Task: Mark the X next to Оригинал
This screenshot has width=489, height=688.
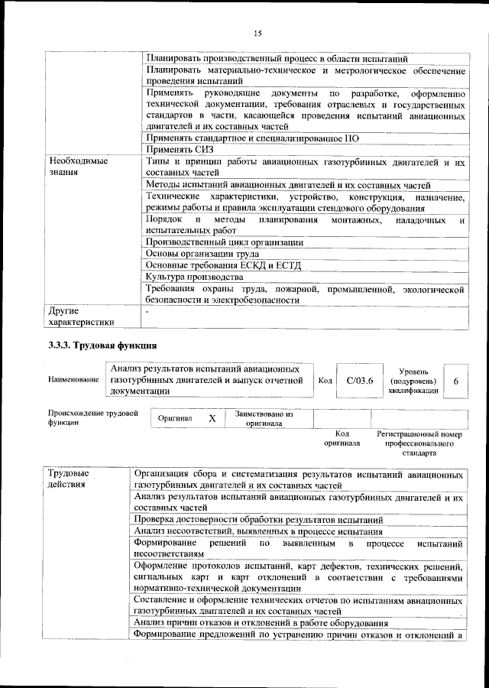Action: [x=212, y=419]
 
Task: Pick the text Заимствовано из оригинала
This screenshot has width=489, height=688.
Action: [x=264, y=419]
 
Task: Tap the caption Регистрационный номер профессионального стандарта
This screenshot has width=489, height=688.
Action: [x=419, y=443]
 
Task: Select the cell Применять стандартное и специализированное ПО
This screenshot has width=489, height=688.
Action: [x=252, y=138]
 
